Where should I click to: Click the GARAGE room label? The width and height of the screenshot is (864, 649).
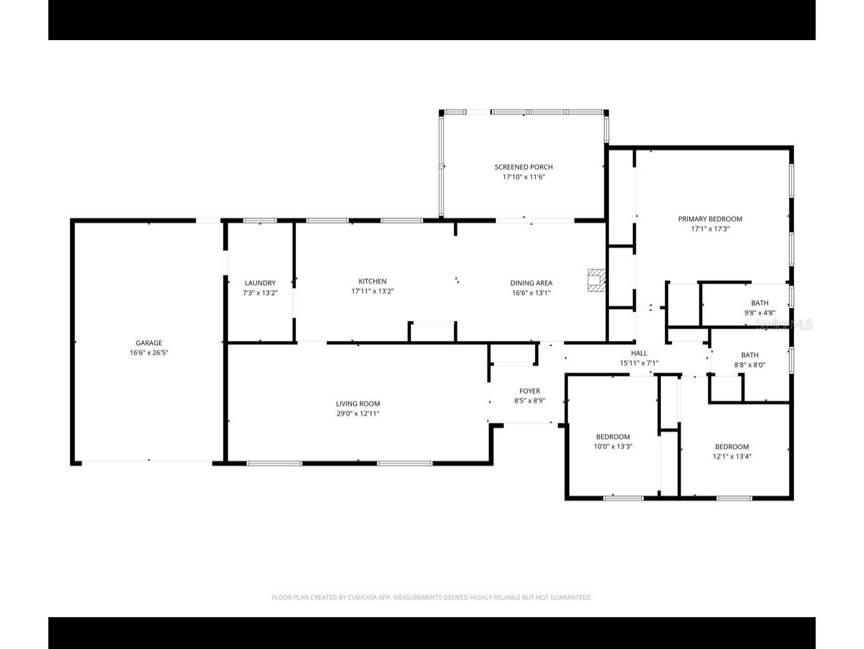(x=148, y=343)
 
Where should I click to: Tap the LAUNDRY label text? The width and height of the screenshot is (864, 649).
(x=260, y=283)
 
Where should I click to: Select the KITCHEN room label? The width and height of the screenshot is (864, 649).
(x=372, y=281)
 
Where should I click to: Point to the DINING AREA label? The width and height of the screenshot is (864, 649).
(x=531, y=283)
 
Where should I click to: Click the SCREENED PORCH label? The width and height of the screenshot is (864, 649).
(x=524, y=167)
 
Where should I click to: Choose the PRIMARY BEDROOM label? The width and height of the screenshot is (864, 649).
(x=710, y=219)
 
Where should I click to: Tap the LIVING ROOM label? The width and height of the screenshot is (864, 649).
(x=358, y=403)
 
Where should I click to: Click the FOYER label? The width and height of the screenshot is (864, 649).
(x=529, y=391)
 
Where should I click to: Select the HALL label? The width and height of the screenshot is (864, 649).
(x=639, y=353)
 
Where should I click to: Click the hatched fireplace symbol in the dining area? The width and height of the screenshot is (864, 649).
(x=596, y=280)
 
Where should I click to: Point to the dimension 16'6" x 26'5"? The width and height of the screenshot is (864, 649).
(x=148, y=353)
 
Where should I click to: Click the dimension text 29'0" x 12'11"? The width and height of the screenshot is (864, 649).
(x=358, y=413)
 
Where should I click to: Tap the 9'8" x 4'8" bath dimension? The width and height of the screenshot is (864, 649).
(x=760, y=313)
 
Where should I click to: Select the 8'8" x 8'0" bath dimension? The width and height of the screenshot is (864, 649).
(x=749, y=366)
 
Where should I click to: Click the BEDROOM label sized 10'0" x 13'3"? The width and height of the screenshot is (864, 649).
(x=613, y=437)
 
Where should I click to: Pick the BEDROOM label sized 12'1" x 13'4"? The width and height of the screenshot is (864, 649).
(x=732, y=446)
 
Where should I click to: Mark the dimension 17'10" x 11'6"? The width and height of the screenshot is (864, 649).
(x=524, y=177)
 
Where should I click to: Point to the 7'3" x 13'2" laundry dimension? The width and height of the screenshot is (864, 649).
(x=260, y=294)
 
